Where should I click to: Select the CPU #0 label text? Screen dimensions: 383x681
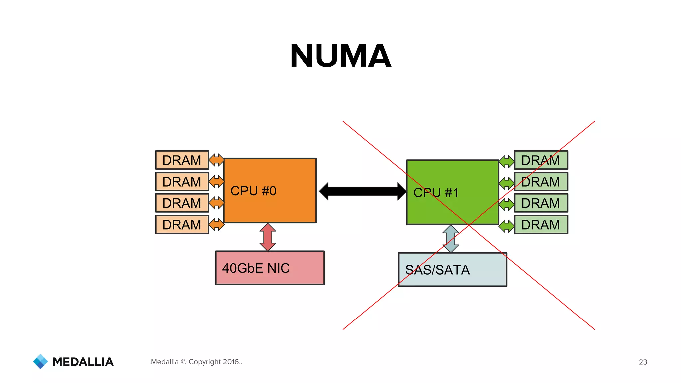(x=253, y=191)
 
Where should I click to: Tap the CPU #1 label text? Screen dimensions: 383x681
(x=436, y=192)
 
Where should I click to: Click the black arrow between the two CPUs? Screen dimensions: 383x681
(x=362, y=191)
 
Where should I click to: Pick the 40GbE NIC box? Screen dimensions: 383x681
(x=270, y=268)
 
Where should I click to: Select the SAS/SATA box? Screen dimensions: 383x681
(x=453, y=270)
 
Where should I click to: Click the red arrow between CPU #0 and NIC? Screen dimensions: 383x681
(x=268, y=237)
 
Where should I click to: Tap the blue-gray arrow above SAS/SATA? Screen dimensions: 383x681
(x=451, y=239)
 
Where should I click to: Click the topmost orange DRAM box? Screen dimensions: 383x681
(x=182, y=160)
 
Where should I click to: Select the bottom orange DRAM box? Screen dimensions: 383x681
(x=182, y=225)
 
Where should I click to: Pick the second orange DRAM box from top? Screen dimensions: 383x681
(x=182, y=182)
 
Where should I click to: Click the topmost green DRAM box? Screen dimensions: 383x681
(x=541, y=160)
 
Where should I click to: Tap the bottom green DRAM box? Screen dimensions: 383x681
(x=541, y=225)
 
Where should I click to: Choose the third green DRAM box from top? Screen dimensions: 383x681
(x=541, y=203)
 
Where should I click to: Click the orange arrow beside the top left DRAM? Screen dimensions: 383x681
(x=216, y=160)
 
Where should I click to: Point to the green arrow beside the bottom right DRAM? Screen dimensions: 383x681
(x=507, y=226)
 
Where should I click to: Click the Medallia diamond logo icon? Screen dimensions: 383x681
(x=40, y=361)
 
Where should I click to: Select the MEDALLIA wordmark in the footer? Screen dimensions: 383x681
(x=83, y=362)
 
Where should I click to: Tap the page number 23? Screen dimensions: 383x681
(x=643, y=362)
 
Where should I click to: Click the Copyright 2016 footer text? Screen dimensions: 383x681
(x=197, y=362)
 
